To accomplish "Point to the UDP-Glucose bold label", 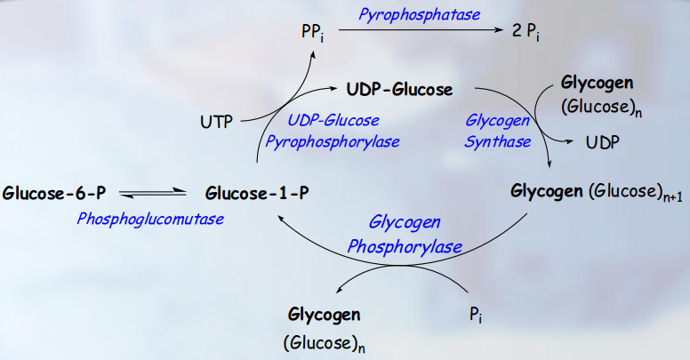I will click(x=399, y=89).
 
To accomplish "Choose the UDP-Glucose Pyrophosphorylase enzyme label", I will click(x=332, y=130).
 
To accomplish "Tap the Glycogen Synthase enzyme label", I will click(x=498, y=130).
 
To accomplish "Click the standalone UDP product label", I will click(x=602, y=142).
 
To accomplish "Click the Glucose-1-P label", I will click(x=258, y=191).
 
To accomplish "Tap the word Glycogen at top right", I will click(x=598, y=84).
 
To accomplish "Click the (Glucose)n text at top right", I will click(x=599, y=110).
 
